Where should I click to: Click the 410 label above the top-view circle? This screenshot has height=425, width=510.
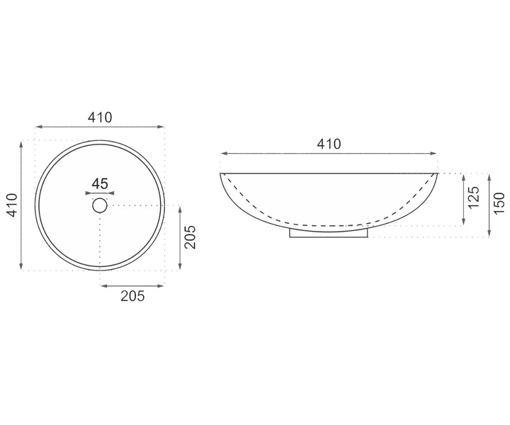click(100, 118)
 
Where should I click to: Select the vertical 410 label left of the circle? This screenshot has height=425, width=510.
click(12, 205)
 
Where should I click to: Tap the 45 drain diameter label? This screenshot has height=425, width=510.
click(100, 184)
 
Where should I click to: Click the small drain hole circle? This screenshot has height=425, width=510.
click(100, 205)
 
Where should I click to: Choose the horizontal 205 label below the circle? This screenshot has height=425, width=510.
click(132, 296)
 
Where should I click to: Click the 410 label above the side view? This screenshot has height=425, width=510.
click(329, 144)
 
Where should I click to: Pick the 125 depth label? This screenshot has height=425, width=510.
click(474, 197)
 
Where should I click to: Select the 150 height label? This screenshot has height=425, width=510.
click(499, 203)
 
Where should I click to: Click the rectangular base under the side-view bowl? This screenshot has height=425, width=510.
click(329, 234)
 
